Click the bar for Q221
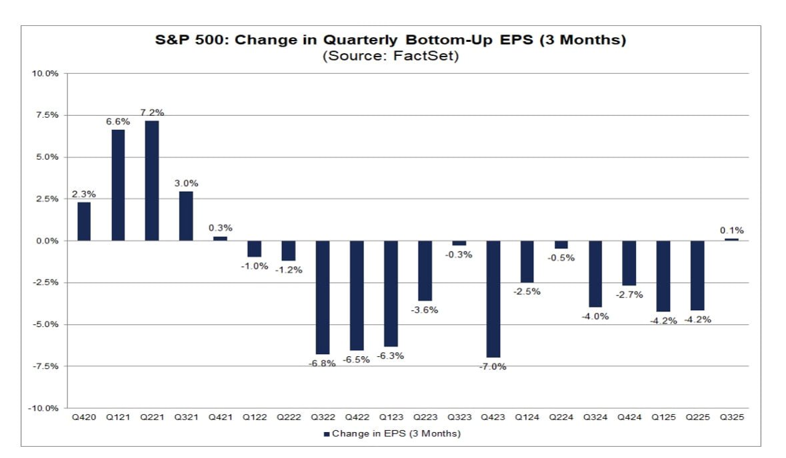tap(152, 180)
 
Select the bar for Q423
tap(493, 299)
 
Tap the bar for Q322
tap(323, 297)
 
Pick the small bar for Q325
tap(732, 239)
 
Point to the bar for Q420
tap(84, 221)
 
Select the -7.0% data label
tap(493, 367)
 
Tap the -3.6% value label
tap(425, 310)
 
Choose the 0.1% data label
tap(732, 230)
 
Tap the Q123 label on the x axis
tap(391, 418)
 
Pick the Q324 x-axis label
tap(595, 418)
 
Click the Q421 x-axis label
tap(220, 418)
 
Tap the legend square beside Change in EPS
tap(327, 434)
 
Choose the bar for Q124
tap(527, 262)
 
